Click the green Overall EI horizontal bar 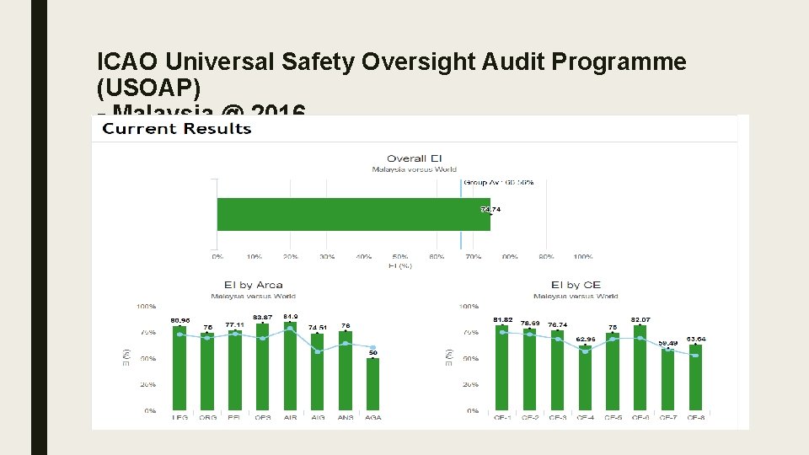[353, 214]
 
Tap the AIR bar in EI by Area [290, 367]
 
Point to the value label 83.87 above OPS [262, 317]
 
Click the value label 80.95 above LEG [179, 320]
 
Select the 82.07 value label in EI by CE [640, 319]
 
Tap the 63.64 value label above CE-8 [696, 339]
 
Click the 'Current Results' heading [177, 128]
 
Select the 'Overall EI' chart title [414, 158]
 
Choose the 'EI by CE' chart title [575, 285]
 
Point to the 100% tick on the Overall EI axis [582, 256]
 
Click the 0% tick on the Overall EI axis [217, 256]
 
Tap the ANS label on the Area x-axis [345, 417]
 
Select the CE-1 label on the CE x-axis [502, 417]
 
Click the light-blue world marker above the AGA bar [372, 347]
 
